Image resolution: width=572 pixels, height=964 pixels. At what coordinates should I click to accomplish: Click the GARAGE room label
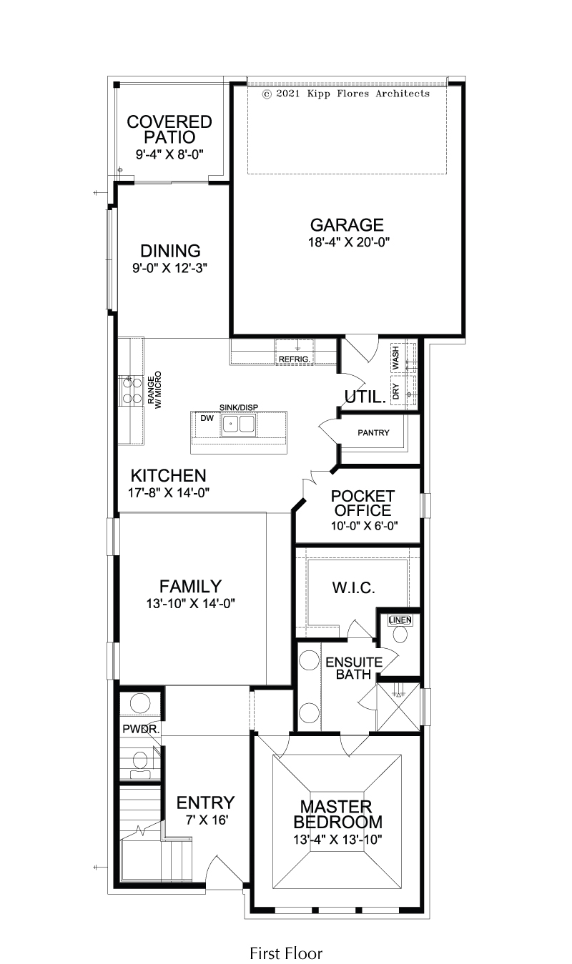(x=347, y=225)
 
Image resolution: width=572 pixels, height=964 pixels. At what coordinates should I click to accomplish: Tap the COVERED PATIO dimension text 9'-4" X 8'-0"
(x=169, y=154)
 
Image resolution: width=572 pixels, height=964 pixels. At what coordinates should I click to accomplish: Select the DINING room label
(x=170, y=251)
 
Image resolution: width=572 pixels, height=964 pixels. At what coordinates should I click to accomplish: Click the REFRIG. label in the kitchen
(x=294, y=359)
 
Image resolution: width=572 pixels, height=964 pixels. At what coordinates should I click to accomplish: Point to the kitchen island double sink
(x=238, y=424)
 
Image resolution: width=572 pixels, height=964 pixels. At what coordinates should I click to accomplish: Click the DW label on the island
(x=207, y=418)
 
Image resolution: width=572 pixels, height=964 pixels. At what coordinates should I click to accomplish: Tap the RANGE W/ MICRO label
(x=154, y=390)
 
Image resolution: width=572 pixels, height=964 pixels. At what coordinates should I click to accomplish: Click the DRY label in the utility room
(x=396, y=391)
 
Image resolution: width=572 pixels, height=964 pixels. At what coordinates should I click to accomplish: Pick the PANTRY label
(x=373, y=432)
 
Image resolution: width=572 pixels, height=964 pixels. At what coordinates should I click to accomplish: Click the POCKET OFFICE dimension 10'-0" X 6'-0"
(x=365, y=525)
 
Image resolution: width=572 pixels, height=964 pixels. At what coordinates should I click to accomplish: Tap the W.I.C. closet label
(x=354, y=587)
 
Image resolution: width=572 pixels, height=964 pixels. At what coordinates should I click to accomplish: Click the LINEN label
(x=400, y=620)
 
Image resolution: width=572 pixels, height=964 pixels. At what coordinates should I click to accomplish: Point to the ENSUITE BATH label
(x=354, y=668)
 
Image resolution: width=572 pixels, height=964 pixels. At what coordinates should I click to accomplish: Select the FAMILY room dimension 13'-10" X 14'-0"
(x=190, y=603)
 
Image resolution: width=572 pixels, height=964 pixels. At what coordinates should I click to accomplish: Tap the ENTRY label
(x=205, y=802)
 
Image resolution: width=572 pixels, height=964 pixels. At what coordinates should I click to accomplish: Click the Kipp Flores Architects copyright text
(x=346, y=94)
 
